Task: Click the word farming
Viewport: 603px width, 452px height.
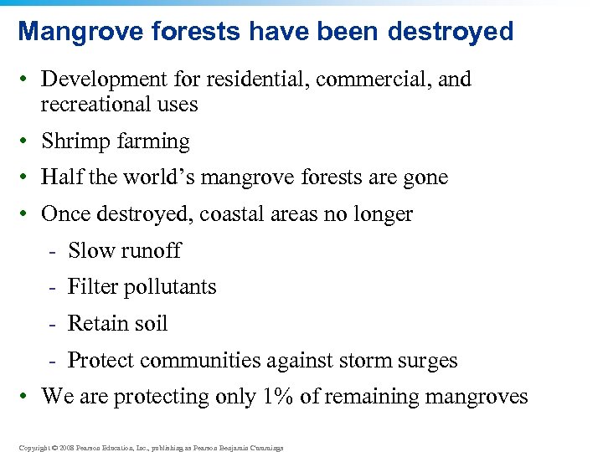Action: click(152, 141)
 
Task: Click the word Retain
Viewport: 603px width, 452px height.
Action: click(94, 323)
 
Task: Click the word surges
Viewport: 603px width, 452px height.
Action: click(426, 361)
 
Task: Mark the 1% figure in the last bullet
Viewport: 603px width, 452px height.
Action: click(276, 396)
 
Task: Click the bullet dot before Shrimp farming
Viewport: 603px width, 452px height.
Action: click(27, 141)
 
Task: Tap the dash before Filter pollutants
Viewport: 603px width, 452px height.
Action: click(52, 287)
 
